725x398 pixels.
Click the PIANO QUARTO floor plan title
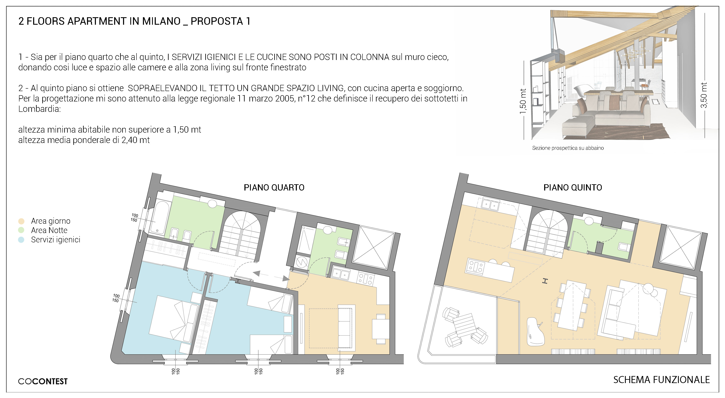274,187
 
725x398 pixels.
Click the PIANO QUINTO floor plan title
573,187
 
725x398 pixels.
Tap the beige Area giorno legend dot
21,221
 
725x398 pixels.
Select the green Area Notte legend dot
21,230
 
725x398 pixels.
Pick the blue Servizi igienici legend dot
21,240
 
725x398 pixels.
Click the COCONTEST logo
43,381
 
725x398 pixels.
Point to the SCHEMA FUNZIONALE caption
661,380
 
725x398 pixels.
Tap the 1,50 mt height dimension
523,101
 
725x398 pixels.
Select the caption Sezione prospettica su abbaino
568,148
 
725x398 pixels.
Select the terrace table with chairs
465,326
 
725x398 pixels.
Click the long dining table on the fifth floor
573,305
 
